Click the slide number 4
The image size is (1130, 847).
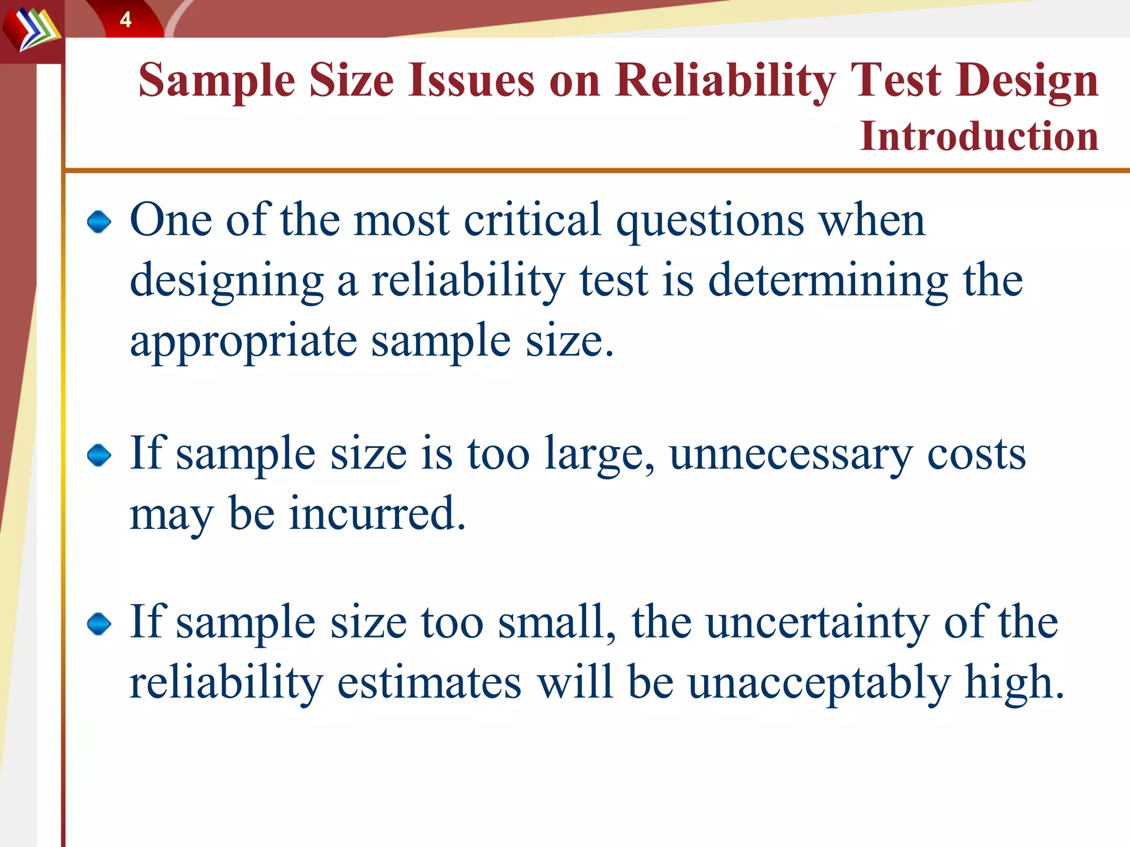(x=126, y=20)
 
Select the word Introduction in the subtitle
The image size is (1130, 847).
(x=979, y=136)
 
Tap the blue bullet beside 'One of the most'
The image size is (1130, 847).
(x=99, y=222)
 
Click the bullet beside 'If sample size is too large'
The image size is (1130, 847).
(x=99, y=455)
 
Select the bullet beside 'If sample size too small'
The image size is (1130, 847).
(x=99, y=624)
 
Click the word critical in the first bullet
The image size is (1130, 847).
(x=532, y=220)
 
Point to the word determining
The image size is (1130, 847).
(x=828, y=282)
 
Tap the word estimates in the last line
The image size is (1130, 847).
(x=429, y=683)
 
